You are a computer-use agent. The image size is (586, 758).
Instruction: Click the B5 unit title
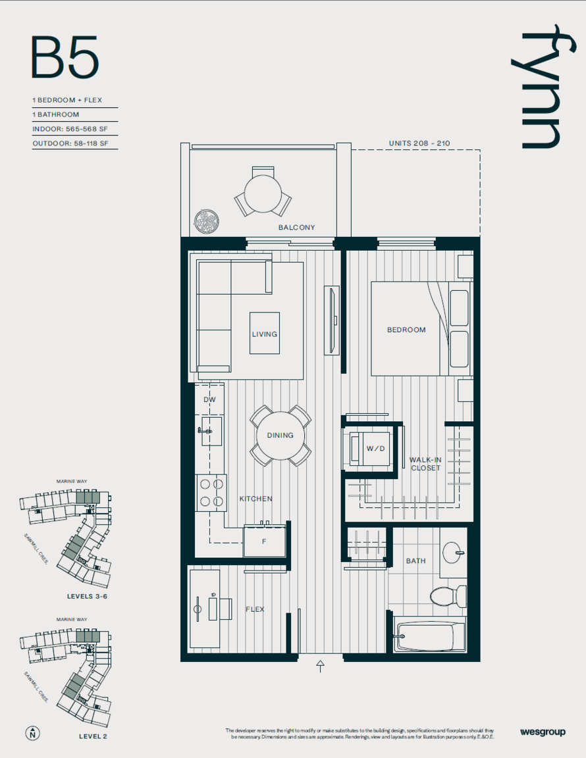65,57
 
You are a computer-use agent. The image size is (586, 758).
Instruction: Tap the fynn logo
543,86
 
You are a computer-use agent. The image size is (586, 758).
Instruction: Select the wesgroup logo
543,732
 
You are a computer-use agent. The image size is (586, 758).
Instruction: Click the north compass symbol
32,734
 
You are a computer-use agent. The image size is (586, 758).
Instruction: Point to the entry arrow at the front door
320,666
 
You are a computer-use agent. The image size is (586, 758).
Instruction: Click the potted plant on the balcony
206,222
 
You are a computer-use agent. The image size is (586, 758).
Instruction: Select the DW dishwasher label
209,400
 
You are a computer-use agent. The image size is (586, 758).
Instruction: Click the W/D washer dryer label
375,449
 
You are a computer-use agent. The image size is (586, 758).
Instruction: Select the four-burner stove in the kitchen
211,493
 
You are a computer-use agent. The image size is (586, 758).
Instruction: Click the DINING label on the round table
280,436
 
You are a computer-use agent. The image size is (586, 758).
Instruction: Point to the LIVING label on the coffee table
264,334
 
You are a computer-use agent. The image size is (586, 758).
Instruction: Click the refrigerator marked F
264,541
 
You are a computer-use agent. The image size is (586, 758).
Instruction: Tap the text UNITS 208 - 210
419,143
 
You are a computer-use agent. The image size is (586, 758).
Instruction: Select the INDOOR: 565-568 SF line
70,129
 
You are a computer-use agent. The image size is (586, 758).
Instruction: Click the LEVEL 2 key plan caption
93,736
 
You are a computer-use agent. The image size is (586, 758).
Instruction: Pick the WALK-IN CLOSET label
425,464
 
